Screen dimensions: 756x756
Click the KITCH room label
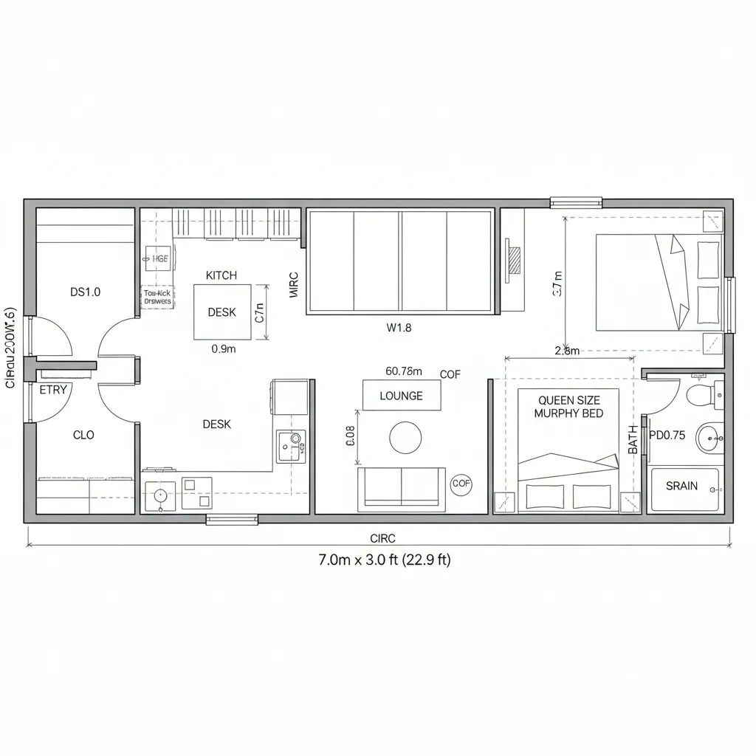click(221, 275)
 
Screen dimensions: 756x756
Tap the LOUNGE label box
click(402, 396)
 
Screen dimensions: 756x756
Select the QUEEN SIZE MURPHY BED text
click(568, 407)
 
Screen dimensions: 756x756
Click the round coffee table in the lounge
click(405, 438)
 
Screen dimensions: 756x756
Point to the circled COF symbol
click(461, 484)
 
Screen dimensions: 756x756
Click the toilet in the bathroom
click(702, 396)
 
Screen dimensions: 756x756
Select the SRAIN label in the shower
click(681, 487)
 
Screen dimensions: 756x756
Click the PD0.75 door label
click(667, 436)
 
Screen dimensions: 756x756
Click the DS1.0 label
click(86, 292)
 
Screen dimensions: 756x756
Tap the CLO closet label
click(83, 435)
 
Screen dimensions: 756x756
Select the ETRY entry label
click(53, 389)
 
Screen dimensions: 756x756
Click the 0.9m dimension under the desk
click(224, 350)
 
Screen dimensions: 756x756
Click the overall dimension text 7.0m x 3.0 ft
click(383, 560)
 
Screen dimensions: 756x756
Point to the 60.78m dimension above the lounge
click(403, 371)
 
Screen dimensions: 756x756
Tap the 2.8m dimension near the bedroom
click(566, 351)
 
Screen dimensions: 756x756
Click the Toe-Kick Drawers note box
click(156, 297)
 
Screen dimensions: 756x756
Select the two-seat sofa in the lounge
click(402, 489)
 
